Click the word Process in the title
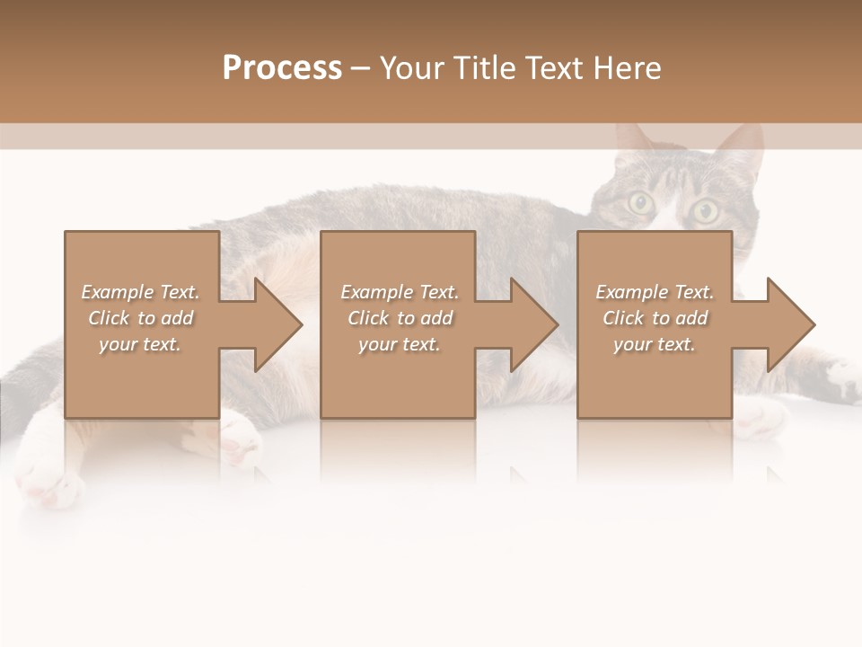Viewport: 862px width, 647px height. pos(282,68)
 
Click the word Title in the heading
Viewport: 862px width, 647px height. pos(487,68)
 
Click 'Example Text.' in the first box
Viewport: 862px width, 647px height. pos(141,292)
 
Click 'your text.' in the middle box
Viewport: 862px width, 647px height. pos(400,344)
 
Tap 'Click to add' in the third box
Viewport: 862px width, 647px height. pos(655,318)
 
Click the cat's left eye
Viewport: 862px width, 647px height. pos(640,203)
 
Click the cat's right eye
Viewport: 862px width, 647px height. pos(705,211)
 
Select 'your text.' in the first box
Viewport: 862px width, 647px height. pos(141,344)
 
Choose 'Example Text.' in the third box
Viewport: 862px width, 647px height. pos(655,292)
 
